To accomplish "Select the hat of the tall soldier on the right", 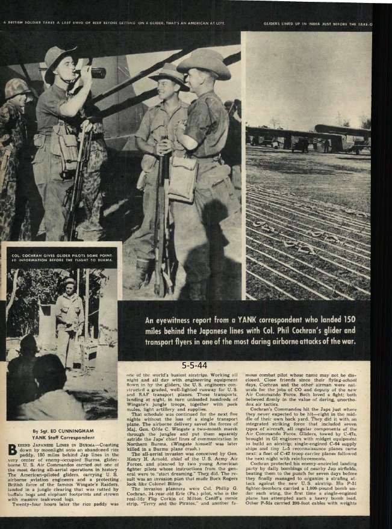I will pos(204,63).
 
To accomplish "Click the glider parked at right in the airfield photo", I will pos(343,136).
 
